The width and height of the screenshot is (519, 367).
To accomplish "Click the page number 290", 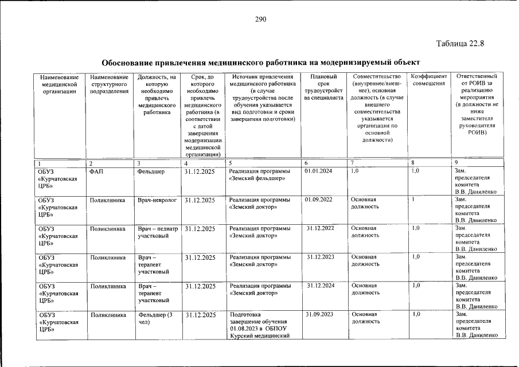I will point(261,19).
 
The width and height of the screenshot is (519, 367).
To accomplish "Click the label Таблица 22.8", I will point(461,44).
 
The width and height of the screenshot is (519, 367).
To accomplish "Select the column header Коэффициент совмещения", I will point(428,80).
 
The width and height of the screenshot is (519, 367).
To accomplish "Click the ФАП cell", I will point(96,171).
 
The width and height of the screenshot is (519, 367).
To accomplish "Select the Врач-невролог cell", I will point(157,200).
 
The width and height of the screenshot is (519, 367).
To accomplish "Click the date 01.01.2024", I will point(318,171).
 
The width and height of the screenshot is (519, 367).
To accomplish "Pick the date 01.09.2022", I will point(318,200).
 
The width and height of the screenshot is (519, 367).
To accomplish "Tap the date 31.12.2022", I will point(321,228).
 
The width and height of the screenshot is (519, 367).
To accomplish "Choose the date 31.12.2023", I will point(321,257).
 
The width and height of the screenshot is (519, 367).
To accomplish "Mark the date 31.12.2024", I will point(321,285).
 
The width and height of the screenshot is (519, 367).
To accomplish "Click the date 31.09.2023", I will point(319,314).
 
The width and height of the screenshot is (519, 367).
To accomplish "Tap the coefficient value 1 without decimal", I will point(413,200).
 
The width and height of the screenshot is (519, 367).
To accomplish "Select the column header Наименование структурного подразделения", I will point(109,84).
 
